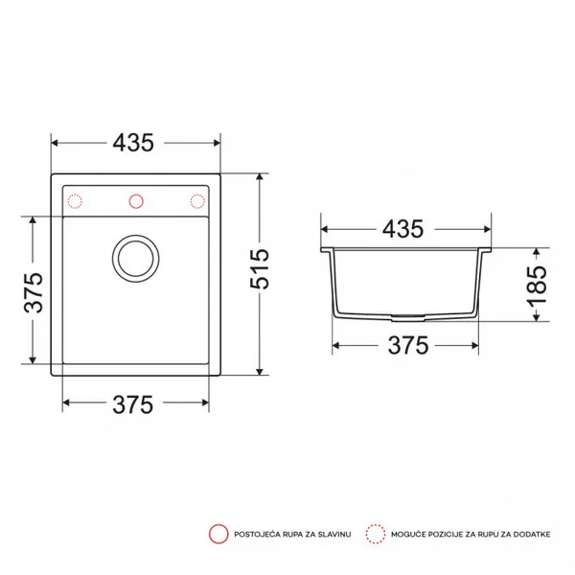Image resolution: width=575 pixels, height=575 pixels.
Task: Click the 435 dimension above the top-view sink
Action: tap(133, 143)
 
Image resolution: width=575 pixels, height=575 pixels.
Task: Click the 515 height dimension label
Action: tap(260, 268)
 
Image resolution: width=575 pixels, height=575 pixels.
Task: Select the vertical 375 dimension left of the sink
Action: tap(33, 292)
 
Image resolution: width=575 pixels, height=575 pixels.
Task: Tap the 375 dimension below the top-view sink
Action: tap(133, 404)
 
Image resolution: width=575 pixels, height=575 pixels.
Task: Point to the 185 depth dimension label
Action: tap(537, 286)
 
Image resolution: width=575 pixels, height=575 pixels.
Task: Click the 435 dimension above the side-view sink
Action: tap(403, 229)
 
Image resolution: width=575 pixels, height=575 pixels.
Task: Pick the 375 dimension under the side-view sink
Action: tap(408, 345)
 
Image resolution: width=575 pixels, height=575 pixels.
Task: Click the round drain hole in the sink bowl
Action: tap(136, 259)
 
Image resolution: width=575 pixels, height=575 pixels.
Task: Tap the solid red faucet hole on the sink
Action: tap(136, 201)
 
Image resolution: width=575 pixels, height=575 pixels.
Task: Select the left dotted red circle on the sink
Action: tap(75, 201)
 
